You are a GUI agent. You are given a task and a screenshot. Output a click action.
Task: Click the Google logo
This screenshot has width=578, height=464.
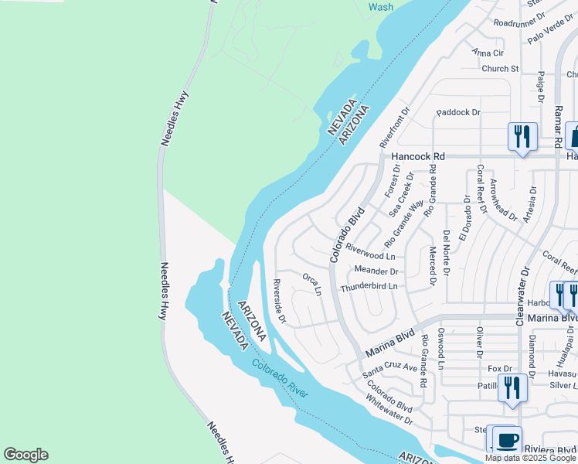25,455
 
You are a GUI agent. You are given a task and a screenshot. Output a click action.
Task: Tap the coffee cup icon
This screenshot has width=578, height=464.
507,441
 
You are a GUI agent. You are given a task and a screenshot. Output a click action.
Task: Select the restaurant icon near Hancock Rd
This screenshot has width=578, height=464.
522,137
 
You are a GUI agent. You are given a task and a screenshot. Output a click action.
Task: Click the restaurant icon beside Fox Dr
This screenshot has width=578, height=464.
512,387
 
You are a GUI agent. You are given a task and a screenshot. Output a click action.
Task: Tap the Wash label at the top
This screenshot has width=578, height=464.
380,7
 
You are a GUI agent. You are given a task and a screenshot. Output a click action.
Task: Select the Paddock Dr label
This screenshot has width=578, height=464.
458,112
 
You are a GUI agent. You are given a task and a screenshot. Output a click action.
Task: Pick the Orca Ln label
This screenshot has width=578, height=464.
311,283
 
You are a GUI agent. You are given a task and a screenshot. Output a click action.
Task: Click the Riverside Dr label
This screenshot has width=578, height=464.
280,302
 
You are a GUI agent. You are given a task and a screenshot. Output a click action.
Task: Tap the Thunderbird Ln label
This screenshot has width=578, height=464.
369,286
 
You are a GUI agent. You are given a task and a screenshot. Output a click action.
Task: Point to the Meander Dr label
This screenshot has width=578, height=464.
376,271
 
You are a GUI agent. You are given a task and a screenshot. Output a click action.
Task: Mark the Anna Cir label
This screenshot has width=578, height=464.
488,53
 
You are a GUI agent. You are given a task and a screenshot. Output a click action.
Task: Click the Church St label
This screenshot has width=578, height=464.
500,69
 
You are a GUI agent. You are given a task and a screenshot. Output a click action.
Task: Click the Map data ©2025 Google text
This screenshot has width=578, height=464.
530,458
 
